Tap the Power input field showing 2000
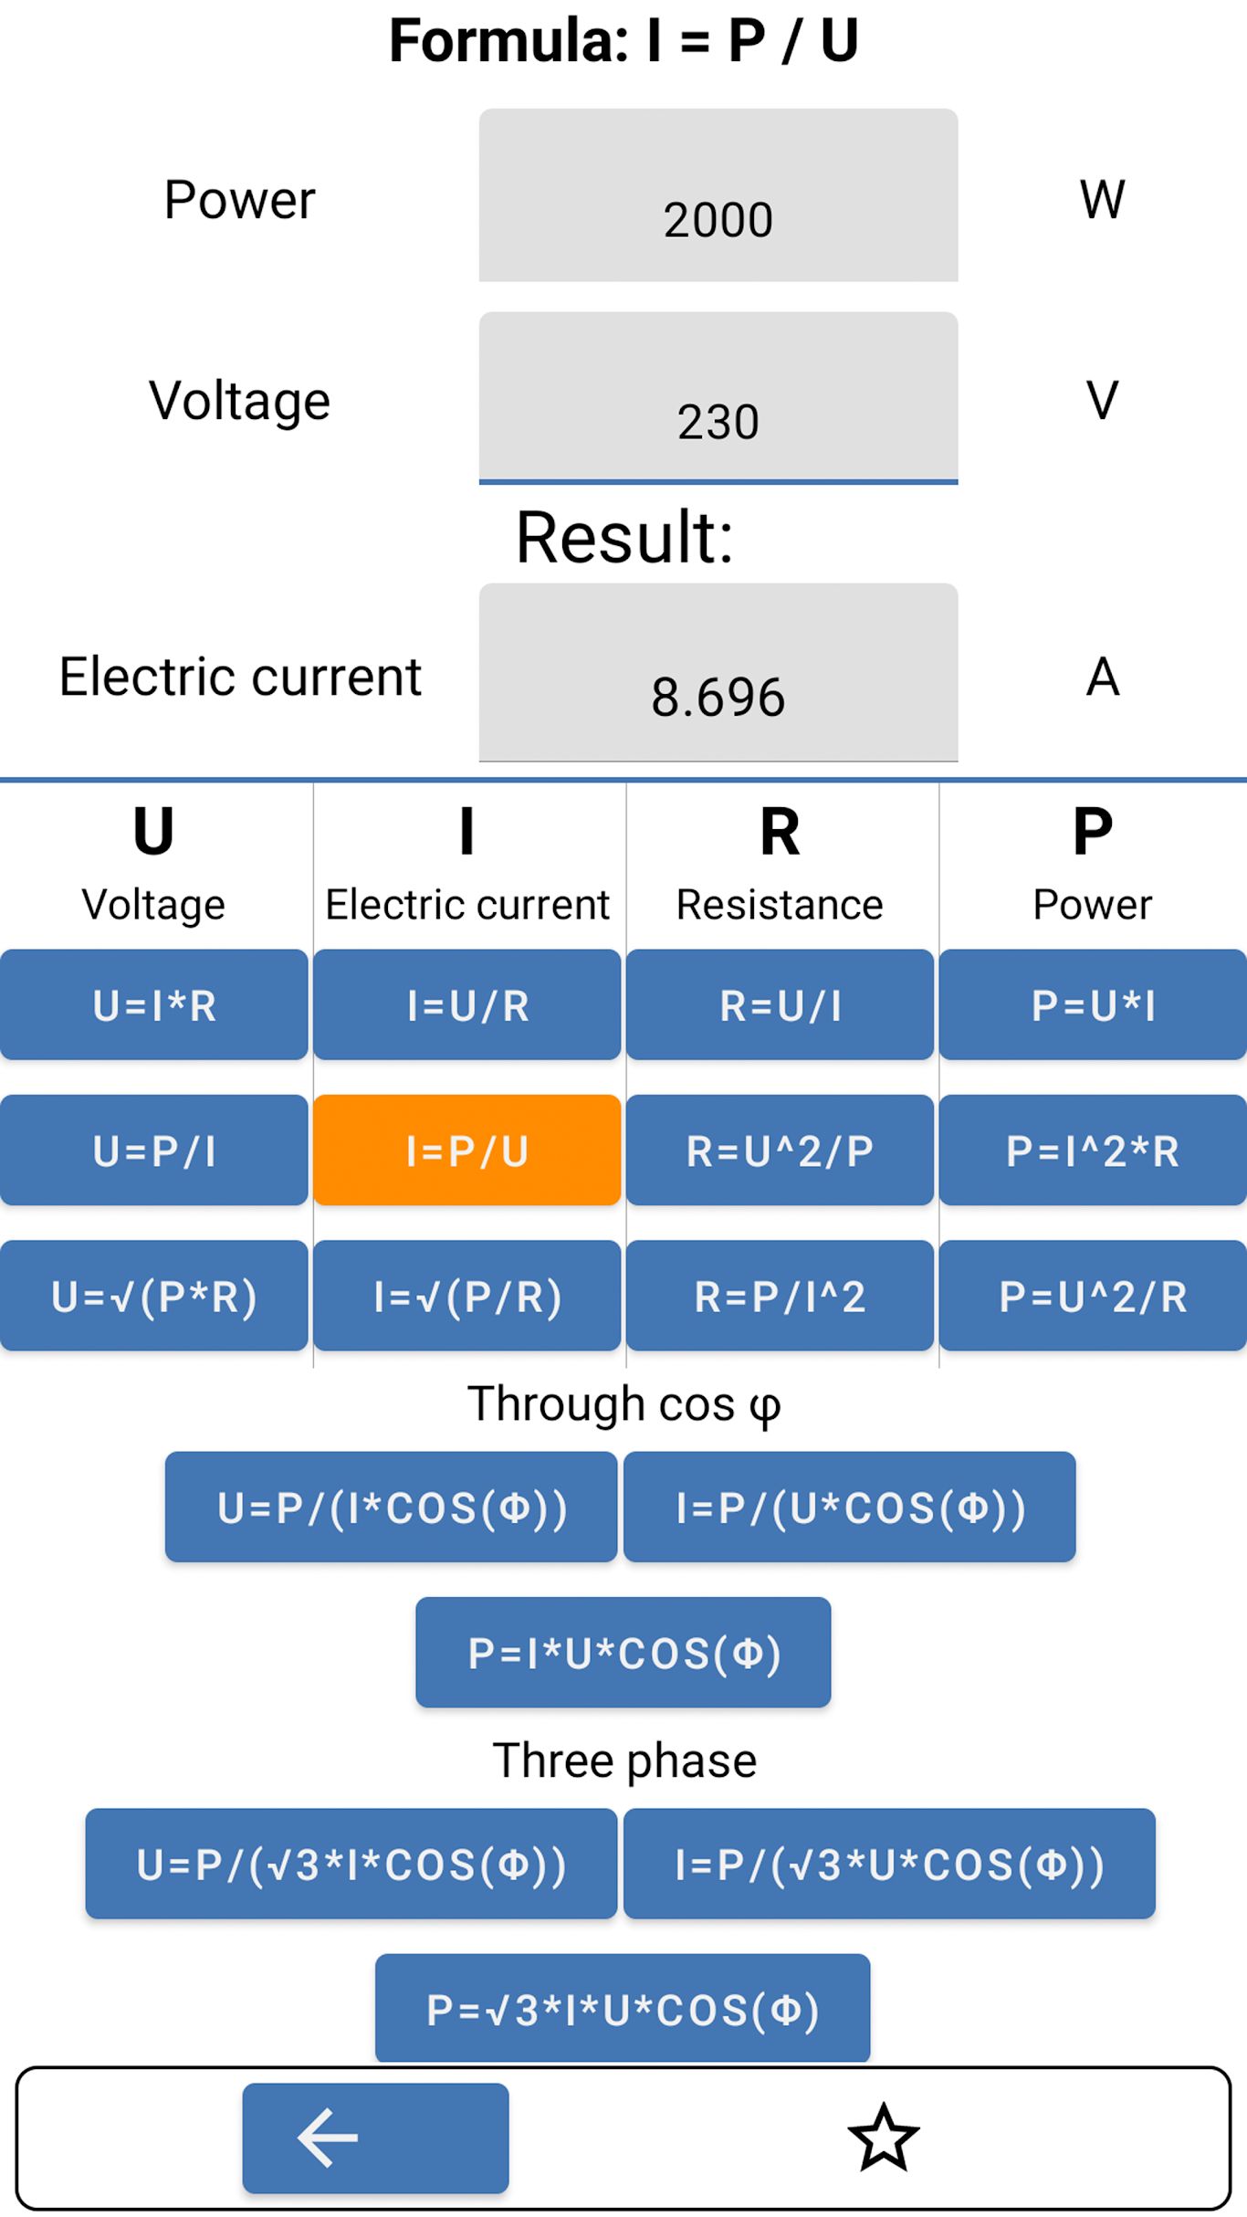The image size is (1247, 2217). [718, 195]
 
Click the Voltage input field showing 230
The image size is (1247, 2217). [718, 397]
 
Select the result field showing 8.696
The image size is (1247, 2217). [718, 672]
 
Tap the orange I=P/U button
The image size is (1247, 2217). [467, 1151]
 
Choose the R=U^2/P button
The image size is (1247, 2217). [781, 1151]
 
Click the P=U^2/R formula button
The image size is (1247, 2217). [1094, 1296]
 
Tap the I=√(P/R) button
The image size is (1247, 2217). [467, 1296]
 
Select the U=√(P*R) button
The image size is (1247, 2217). [154, 1296]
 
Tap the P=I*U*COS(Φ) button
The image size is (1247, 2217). [623, 1653]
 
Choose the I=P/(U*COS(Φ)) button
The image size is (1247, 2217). [850, 1508]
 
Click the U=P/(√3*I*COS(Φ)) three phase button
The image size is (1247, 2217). [351, 1864]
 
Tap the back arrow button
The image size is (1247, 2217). [376, 2138]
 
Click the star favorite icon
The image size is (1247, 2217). [884, 2138]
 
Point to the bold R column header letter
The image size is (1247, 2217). [781, 832]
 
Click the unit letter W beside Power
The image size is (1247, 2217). [1103, 199]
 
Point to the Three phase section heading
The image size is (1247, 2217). [624, 1760]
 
